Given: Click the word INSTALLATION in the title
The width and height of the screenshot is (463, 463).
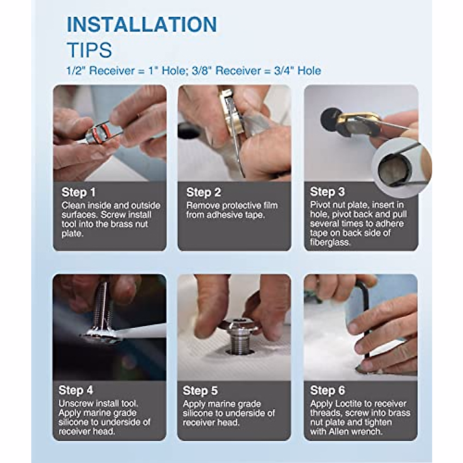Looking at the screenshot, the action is coord(142,25).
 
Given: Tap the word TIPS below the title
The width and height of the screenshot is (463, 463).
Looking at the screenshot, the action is coord(90,50).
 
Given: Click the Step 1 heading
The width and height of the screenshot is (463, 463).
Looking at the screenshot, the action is coord(78,192).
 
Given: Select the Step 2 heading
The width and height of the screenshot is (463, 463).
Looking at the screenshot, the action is coord(203,192).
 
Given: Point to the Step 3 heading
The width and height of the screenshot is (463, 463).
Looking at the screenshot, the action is coord(327,192).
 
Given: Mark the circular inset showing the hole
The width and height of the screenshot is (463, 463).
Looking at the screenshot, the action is coord(402,167).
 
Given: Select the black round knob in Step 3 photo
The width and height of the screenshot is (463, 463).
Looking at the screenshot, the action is coord(329,116).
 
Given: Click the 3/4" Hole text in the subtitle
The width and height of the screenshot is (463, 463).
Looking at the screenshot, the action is coord(297,71).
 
